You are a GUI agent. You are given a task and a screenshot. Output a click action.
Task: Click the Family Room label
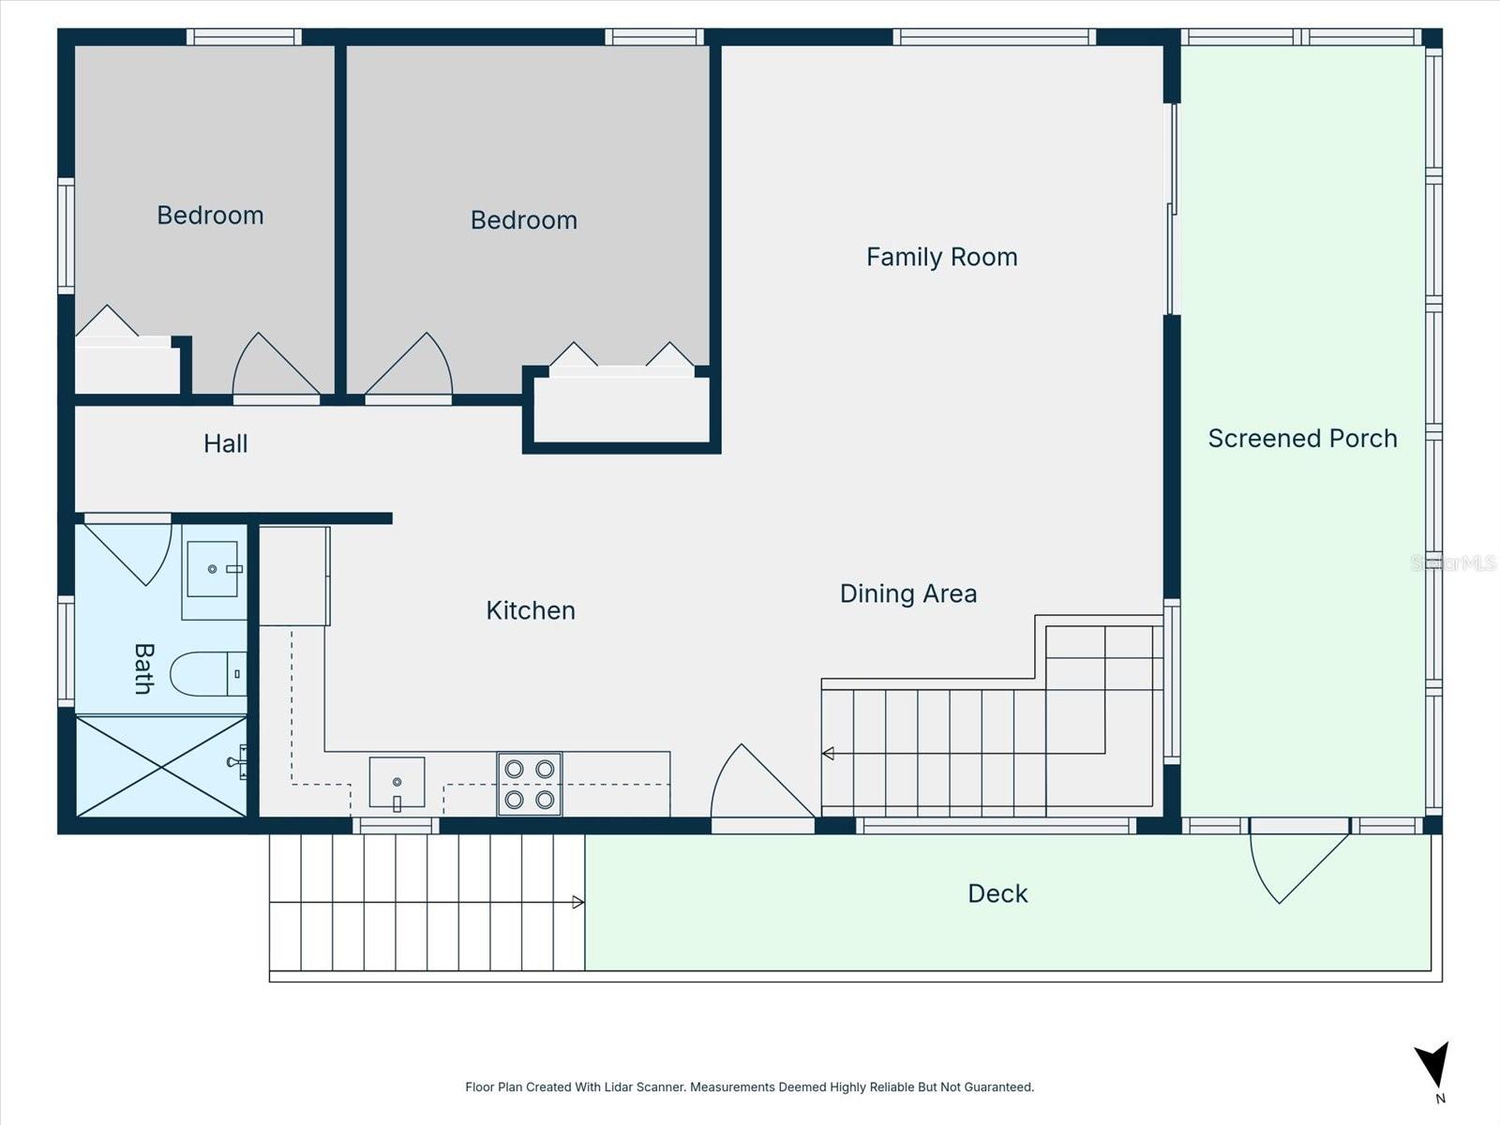pyautogui.click(x=941, y=257)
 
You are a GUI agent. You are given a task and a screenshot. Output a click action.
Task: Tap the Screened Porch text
pyautogui.click(x=1302, y=439)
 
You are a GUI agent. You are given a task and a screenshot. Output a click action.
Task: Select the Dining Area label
pyautogui.click(x=907, y=593)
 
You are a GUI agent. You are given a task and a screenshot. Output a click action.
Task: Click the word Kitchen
pyautogui.click(x=530, y=610)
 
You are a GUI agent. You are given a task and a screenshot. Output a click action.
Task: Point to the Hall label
pyautogui.click(x=225, y=443)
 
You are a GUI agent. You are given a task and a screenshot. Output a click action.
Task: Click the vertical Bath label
pyautogui.click(x=142, y=668)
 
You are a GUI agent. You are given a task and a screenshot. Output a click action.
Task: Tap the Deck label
pyautogui.click(x=997, y=893)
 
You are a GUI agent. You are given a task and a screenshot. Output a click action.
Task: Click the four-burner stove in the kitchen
pyautogui.click(x=530, y=784)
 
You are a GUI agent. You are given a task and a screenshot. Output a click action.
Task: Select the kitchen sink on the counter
pyautogui.click(x=397, y=782)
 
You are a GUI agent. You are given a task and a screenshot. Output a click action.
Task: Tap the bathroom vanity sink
pyautogui.click(x=214, y=569)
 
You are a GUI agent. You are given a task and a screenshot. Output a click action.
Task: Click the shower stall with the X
pyautogui.click(x=161, y=767)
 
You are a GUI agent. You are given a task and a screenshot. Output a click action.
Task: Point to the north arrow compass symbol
pyautogui.click(x=1433, y=1067)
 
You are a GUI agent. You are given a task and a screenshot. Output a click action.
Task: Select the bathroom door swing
pyautogui.click(x=131, y=550)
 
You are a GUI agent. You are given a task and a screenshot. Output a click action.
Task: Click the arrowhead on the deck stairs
pyautogui.click(x=578, y=902)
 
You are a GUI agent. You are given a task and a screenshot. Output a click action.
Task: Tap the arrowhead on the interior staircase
pyautogui.click(x=828, y=753)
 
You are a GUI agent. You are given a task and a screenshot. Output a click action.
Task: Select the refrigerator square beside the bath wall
pyautogui.click(x=293, y=576)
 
